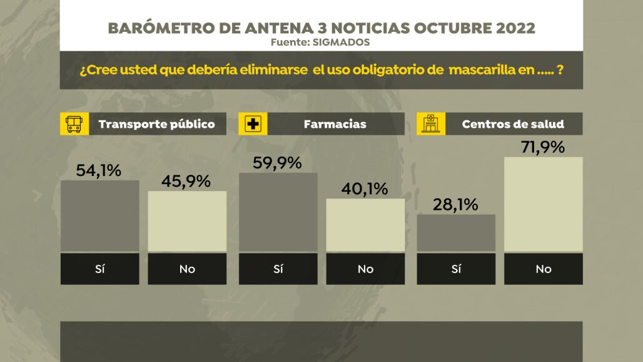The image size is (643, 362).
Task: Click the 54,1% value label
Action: (98, 170)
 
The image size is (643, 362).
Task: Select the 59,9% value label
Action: (277, 163)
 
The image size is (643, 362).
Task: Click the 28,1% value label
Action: (455, 204)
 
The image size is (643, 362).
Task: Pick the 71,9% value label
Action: (542, 147)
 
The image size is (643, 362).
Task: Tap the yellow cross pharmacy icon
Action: (253, 124)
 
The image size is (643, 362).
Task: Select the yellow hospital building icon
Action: (431, 124)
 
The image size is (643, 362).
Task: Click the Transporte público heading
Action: (156, 124)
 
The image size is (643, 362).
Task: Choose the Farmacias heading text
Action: (335, 124)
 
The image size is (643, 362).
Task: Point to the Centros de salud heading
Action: (513, 124)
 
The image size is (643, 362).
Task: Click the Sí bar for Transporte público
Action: (100, 217)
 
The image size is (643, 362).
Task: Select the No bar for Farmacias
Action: (366, 225)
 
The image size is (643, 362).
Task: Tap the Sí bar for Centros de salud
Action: (456, 234)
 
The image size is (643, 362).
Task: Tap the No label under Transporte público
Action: (187, 269)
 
